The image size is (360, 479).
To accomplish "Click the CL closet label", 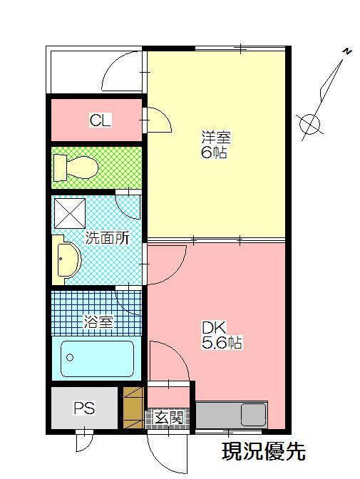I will (x=100, y=120).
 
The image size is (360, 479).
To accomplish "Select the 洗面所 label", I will (x=107, y=239).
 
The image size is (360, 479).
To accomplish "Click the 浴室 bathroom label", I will (x=98, y=322).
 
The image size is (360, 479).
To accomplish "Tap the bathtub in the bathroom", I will (x=97, y=358).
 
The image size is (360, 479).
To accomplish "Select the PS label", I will (x=84, y=408).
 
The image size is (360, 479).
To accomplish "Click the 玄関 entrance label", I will (x=170, y=417).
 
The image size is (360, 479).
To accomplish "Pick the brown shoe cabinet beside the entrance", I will (x=133, y=408).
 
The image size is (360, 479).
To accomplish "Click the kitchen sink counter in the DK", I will (x=230, y=415).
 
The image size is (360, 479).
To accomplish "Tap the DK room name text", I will (x=213, y=328).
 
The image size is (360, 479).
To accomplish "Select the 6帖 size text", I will (x=214, y=153).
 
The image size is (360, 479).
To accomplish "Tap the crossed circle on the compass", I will (x=310, y=124).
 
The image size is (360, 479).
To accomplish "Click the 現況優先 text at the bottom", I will (x=263, y=451).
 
